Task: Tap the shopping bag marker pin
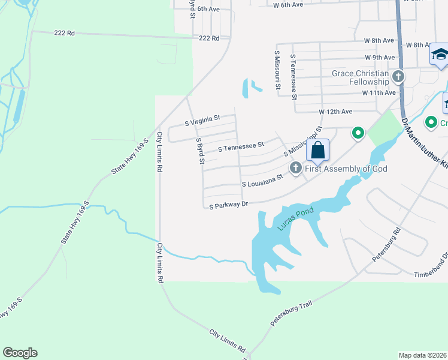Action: pos(318,150)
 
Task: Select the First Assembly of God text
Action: pos(346,169)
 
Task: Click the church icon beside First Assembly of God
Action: pos(295,169)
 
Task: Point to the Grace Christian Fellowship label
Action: pos(361,77)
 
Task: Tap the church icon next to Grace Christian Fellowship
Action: pos(398,77)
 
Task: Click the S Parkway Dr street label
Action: pos(229,205)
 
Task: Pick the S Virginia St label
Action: pos(203,118)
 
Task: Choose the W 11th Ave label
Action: pos(379,93)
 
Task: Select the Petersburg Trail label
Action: pos(291,314)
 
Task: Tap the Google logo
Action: pos(20,353)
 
